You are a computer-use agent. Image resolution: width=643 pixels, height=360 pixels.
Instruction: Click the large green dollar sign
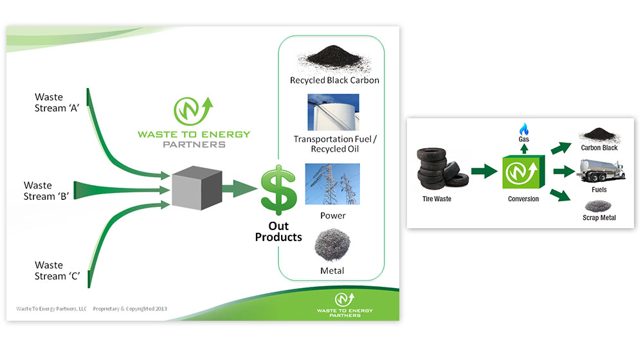pos(278,190)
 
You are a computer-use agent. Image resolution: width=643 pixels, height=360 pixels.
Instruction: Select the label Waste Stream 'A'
pos(56,102)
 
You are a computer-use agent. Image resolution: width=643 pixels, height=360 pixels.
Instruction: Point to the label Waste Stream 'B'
pos(47,191)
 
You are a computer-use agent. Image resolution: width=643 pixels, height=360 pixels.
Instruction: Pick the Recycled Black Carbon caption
pos(334,80)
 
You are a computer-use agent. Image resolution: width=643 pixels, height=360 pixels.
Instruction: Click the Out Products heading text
pos(278,231)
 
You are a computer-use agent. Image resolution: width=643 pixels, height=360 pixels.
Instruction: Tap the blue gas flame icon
pos(523,129)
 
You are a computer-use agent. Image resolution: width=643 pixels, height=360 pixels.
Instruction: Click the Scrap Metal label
pos(599,218)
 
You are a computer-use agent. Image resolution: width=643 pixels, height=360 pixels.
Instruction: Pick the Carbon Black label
pos(599,148)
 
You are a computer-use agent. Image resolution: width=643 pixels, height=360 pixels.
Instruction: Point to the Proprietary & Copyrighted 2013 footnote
pos(131,309)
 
